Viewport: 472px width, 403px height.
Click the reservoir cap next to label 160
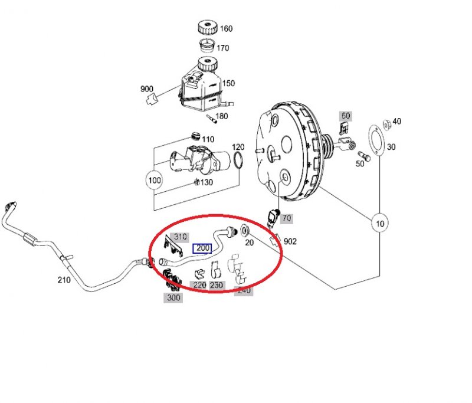click(x=208, y=28)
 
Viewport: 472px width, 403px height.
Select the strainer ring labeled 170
click(x=208, y=45)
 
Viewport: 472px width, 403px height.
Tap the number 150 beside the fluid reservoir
click(x=228, y=83)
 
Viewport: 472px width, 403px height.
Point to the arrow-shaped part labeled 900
click(x=152, y=99)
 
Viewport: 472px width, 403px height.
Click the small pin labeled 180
click(x=211, y=119)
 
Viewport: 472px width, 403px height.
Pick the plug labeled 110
click(x=196, y=136)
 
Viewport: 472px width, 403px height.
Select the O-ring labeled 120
click(x=238, y=160)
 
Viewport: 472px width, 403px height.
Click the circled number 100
click(x=155, y=181)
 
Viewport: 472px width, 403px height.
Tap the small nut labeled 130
click(x=197, y=182)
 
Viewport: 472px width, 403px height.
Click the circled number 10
click(x=379, y=223)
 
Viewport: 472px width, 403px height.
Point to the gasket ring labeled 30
click(x=377, y=140)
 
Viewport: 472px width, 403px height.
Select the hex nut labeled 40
click(x=387, y=124)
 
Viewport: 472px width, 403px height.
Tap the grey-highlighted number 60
click(x=346, y=116)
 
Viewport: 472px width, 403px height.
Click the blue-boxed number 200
click(x=202, y=248)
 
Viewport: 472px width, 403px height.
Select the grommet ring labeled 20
click(x=245, y=231)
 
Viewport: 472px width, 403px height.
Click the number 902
click(x=290, y=241)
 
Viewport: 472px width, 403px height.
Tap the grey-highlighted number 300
click(x=173, y=297)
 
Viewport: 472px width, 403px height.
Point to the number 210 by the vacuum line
click(x=64, y=280)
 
